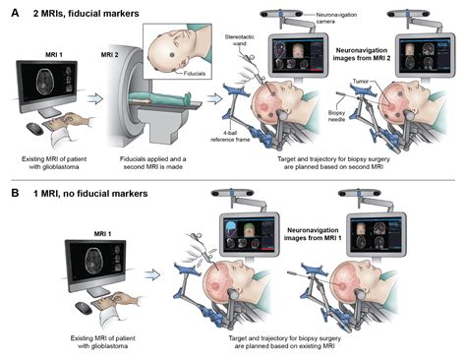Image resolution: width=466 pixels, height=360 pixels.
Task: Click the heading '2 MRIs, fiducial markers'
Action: coord(77,9)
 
